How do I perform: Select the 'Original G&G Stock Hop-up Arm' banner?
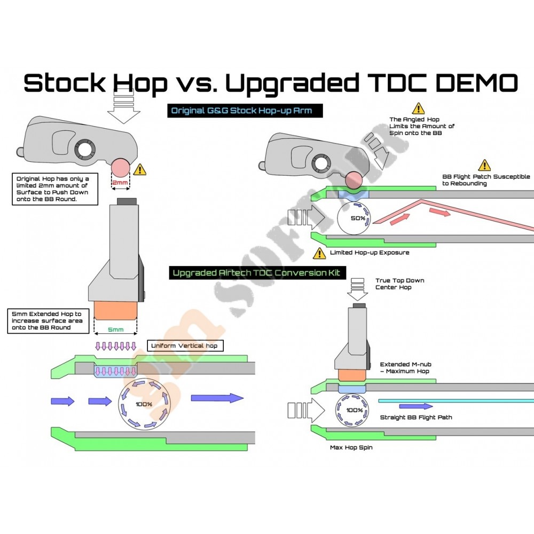tap(246, 111)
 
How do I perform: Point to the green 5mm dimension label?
tap(116, 329)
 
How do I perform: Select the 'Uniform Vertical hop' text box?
tap(184, 345)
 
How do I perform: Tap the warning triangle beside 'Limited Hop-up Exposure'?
tap(319, 253)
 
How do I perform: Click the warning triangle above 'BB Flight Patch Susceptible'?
tap(484, 165)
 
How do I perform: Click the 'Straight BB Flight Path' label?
tap(415, 417)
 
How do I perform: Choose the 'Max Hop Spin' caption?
tap(351, 447)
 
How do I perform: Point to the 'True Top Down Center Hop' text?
tap(399, 284)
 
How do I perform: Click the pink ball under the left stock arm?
tap(121, 168)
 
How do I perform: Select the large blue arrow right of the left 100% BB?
tap(216, 397)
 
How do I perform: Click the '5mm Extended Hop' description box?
tap(48, 321)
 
